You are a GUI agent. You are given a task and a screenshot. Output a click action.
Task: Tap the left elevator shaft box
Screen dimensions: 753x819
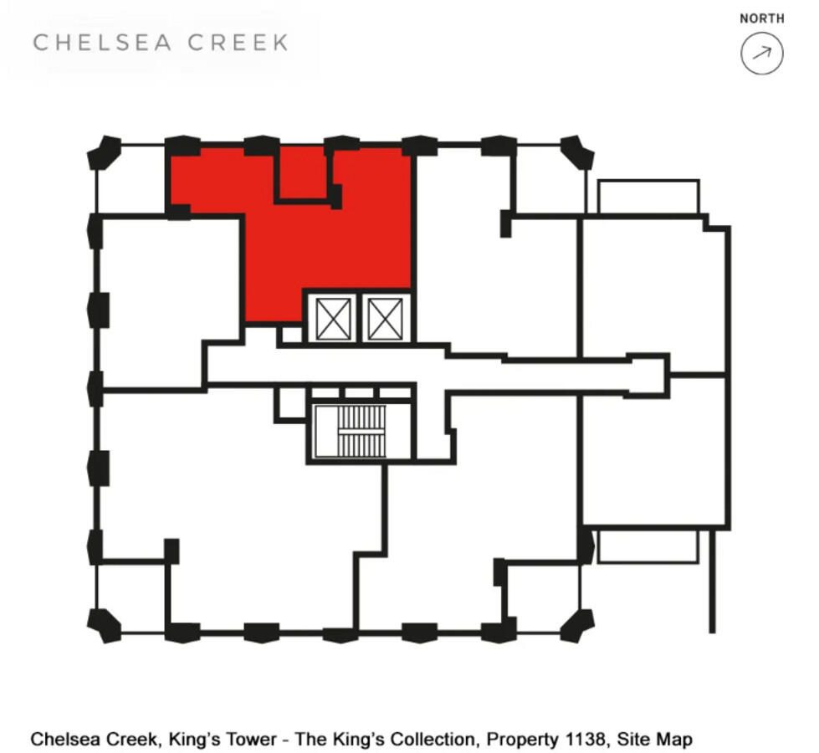334,319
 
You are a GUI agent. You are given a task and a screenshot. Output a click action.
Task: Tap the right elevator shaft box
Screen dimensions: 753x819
385,319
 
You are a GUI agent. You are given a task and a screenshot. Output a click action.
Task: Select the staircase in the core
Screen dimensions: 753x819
361,431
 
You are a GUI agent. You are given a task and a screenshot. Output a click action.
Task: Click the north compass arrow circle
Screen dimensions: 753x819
761,54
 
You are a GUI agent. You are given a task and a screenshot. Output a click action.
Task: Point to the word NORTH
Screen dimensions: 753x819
761,18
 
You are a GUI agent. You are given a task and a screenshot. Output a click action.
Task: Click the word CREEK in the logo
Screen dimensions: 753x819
246,43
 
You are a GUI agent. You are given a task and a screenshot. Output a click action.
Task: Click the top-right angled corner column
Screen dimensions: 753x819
577,153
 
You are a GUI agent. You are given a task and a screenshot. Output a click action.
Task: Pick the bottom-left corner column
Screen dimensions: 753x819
105,624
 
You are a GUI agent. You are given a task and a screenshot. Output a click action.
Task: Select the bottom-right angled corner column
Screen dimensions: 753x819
577,624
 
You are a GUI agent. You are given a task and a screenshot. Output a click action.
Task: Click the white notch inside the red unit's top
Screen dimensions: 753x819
301,172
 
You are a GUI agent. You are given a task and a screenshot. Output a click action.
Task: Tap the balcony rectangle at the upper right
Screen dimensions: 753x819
648,197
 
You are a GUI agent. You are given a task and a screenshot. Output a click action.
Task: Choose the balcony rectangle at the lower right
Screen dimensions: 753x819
648,546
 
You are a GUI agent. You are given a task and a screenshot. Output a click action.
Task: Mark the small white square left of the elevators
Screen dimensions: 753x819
290,335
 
